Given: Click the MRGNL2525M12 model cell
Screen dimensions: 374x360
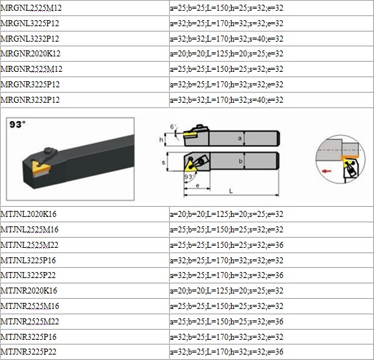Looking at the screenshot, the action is (x=31, y=8).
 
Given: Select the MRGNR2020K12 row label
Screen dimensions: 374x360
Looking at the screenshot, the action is (x=30, y=54).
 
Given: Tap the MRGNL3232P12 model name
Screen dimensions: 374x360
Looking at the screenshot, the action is (x=30, y=39).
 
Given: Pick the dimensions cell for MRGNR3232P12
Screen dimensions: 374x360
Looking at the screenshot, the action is (x=226, y=99).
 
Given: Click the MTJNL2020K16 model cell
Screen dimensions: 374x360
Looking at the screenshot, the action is (x=29, y=214).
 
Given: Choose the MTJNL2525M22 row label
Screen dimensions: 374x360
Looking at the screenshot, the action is (x=30, y=245).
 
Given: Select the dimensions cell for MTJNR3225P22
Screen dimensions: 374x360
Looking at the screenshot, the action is (x=226, y=352).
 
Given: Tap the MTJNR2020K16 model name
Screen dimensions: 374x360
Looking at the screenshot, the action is (x=29, y=291).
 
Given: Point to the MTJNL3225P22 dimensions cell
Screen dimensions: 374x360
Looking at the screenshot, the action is (x=226, y=275).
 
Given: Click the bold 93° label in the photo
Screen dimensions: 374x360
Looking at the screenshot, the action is (x=17, y=124).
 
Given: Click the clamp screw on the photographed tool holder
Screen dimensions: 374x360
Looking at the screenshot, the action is (x=48, y=150).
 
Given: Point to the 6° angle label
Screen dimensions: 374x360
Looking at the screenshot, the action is (x=173, y=126).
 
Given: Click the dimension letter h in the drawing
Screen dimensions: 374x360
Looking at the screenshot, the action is (x=161, y=140).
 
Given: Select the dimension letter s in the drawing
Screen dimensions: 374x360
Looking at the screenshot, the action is (x=163, y=163).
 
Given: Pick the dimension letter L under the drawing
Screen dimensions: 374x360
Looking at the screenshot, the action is (x=231, y=191).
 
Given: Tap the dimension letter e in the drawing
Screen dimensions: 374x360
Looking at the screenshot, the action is (x=197, y=185).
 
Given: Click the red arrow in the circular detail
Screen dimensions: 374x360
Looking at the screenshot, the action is (x=326, y=171).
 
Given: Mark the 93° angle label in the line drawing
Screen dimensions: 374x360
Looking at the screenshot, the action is (x=189, y=177).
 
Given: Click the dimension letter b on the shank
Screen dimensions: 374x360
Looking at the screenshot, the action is (x=240, y=161).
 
